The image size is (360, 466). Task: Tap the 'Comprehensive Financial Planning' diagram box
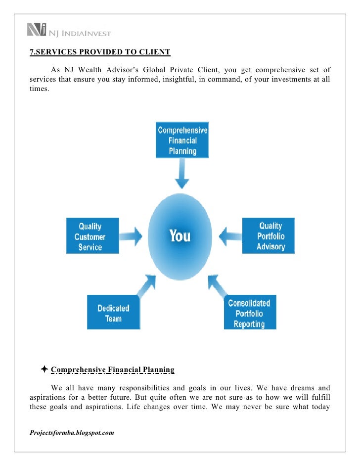pyautogui.click(x=182, y=140)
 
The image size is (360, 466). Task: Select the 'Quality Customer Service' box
pyautogui.click(x=93, y=236)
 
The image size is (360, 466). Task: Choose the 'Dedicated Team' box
pyautogui.click(x=113, y=313)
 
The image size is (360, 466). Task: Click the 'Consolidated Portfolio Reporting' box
pyautogui.click(x=249, y=313)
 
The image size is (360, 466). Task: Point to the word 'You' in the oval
pyautogui.click(x=180, y=236)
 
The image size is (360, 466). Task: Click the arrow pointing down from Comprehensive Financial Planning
pyautogui.click(x=182, y=176)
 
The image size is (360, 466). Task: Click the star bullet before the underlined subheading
pyautogui.click(x=45, y=369)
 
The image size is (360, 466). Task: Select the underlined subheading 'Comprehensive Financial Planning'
pyautogui.click(x=113, y=370)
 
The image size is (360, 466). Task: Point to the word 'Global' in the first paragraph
pyautogui.click(x=175, y=69)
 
